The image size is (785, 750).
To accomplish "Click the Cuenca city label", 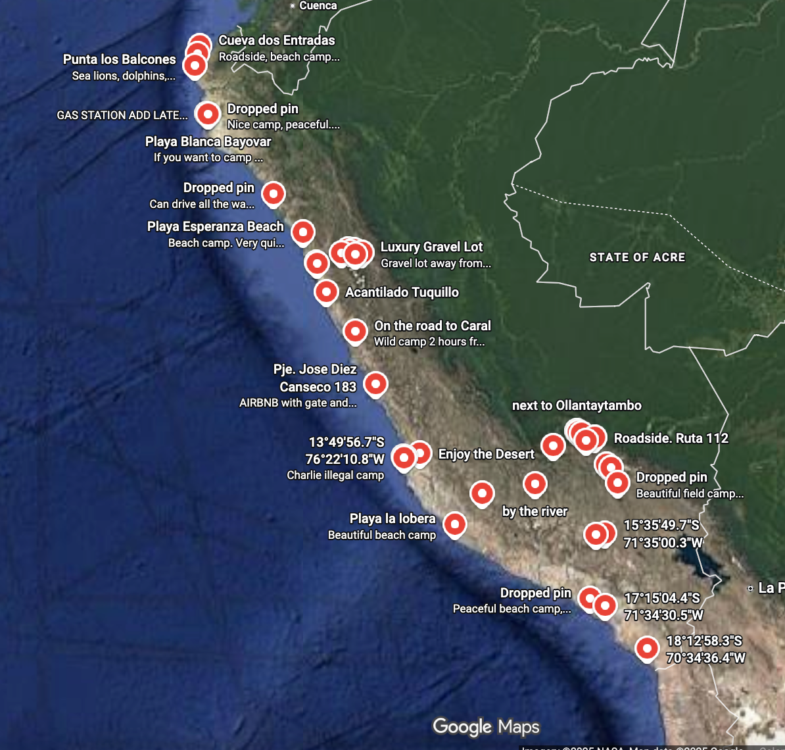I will (x=318, y=5).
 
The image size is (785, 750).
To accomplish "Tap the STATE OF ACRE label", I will (x=637, y=257).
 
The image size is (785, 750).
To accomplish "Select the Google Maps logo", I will (x=486, y=726).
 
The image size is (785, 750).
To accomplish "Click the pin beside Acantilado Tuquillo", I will (x=326, y=291).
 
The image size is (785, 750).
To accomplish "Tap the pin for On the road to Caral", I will (x=355, y=331).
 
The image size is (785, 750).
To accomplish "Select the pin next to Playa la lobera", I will (x=455, y=524).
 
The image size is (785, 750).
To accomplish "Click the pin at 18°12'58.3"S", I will (x=647, y=648).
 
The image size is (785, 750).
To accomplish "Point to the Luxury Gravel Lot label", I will (x=431, y=247).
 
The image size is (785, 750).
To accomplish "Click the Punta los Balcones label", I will (x=120, y=59).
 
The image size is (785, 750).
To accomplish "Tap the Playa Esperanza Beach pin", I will (x=302, y=232).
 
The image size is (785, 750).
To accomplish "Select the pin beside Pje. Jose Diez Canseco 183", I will (x=375, y=383).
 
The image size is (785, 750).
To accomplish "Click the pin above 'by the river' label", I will (x=535, y=484).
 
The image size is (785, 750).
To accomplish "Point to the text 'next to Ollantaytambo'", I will (x=577, y=405).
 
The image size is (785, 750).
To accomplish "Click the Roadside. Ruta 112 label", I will (x=671, y=438).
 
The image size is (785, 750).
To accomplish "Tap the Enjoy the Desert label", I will (x=486, y=454).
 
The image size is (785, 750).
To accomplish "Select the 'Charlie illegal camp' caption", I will (x=335, y=475).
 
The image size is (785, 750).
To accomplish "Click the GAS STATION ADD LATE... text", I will (x=122, y=115).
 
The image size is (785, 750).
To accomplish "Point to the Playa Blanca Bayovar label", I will (x=208, y=141).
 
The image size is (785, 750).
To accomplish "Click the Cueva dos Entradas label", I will (x=277, y=40).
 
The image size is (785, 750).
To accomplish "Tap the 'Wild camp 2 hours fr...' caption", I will (x=429, y=341).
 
